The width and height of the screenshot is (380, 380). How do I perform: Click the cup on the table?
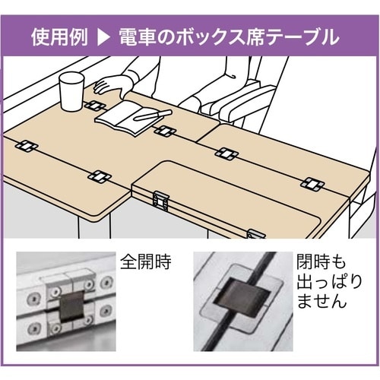[71, 92]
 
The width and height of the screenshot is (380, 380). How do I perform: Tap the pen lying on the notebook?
[153, 115]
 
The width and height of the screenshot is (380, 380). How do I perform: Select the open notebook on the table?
[130, 119]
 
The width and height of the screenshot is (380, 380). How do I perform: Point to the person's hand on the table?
[112, 86]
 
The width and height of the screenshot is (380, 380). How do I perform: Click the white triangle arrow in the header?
[104, 38]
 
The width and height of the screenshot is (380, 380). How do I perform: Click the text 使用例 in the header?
[59, 38]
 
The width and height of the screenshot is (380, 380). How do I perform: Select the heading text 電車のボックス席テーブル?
[230, 38]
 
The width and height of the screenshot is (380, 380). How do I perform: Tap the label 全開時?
[146, 261]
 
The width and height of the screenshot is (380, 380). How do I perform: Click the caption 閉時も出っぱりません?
[329, 281]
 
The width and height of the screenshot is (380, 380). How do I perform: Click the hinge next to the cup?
[95, 106]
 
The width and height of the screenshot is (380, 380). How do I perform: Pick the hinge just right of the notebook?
[165, 131]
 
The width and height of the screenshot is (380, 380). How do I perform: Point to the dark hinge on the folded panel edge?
[160, 201]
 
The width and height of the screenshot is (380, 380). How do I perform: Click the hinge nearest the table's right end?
[312, 185]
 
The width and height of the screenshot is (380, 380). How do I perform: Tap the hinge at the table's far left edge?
[27, 147]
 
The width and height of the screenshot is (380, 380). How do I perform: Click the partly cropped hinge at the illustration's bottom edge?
[255, 234]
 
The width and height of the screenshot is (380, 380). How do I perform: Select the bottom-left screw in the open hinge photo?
[33, 329]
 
